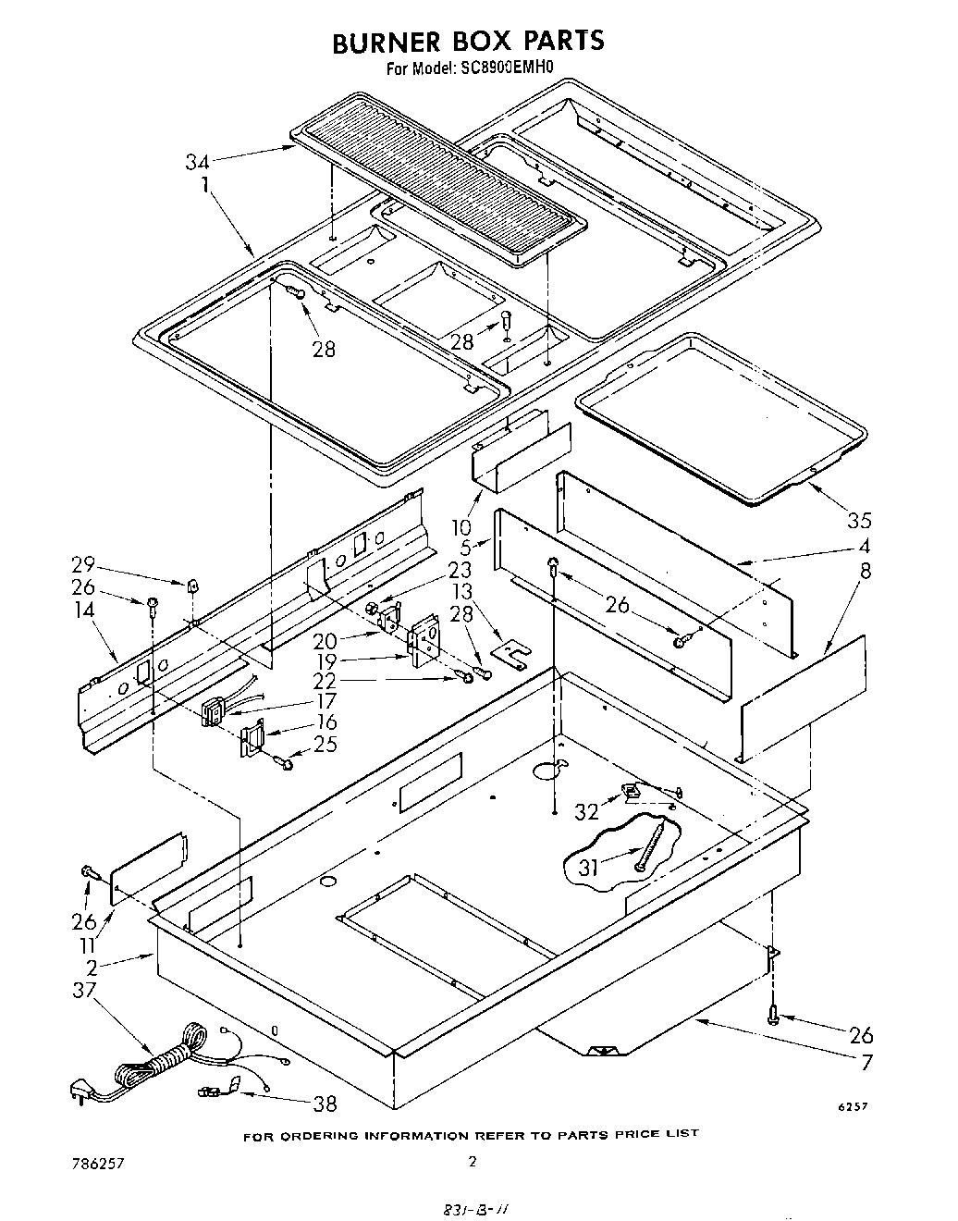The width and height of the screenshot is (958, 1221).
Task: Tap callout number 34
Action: [x=196, y=163]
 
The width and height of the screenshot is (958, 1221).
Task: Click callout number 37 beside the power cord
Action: [x=83, y=991]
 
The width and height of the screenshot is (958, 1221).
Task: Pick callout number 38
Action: [x=325, y=1103]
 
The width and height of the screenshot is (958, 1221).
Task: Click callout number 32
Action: [x=587, y=810]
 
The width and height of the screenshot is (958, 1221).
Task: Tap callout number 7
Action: [x=866, y=1062]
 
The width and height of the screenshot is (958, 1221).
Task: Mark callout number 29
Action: [x=83, y=564]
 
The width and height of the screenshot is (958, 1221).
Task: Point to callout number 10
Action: [x=461, y=527]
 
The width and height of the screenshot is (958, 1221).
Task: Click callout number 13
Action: [x=461, y=590]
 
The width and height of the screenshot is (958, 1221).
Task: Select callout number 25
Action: [x=325, y=743]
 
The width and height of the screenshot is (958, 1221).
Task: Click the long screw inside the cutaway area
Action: [x=650, y=847]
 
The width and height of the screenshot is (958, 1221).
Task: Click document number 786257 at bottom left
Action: [x=98, y=1162]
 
